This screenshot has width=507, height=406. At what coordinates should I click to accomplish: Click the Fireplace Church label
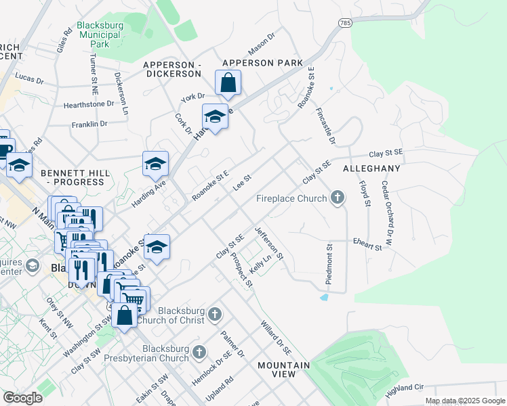click(291, 199)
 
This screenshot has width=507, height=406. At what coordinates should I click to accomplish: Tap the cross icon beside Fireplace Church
click(337, 198)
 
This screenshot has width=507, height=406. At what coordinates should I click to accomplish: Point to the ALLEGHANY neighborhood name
click(371, 168)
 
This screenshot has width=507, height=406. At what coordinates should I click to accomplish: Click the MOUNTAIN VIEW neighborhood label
click(277, 369)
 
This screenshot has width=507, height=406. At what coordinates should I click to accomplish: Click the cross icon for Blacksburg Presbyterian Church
click(199, 352)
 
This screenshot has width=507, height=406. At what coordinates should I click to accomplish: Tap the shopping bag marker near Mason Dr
click(229, 84)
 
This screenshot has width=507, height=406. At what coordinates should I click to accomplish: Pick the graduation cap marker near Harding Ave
click(155, 165)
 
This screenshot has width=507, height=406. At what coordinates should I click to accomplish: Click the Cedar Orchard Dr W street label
click(387, 202)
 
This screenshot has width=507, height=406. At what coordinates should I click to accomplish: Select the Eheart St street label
click(368, 244)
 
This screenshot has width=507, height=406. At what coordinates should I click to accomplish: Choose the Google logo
click(22, 398)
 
